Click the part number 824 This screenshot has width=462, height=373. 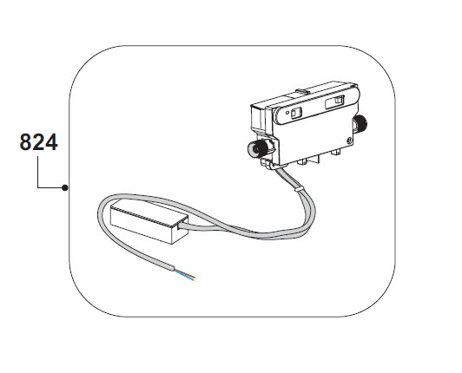[38, 142]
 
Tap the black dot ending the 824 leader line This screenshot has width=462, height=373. [65, 187]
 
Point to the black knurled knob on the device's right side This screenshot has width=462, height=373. [360, 122]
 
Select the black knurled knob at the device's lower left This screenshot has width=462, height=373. [259, 147]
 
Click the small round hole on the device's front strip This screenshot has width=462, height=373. [287, 112]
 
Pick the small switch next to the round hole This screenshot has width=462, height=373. [296, 113]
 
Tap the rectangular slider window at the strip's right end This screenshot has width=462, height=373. [334, 101]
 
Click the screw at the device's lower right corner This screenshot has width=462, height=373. [350, 141]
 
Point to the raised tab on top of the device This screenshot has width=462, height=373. [302, 92]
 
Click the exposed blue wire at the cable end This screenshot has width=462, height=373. [185, 275]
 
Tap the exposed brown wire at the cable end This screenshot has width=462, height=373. [188, 273]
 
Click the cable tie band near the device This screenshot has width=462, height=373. [298, 188]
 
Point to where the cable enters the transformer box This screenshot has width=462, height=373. [179, 226]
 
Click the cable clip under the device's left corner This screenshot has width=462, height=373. [268, 164]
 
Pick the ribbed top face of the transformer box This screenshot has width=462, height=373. [149, 214]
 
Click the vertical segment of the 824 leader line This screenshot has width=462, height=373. [37, 172]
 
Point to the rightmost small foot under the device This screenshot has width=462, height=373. [335, 152]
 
